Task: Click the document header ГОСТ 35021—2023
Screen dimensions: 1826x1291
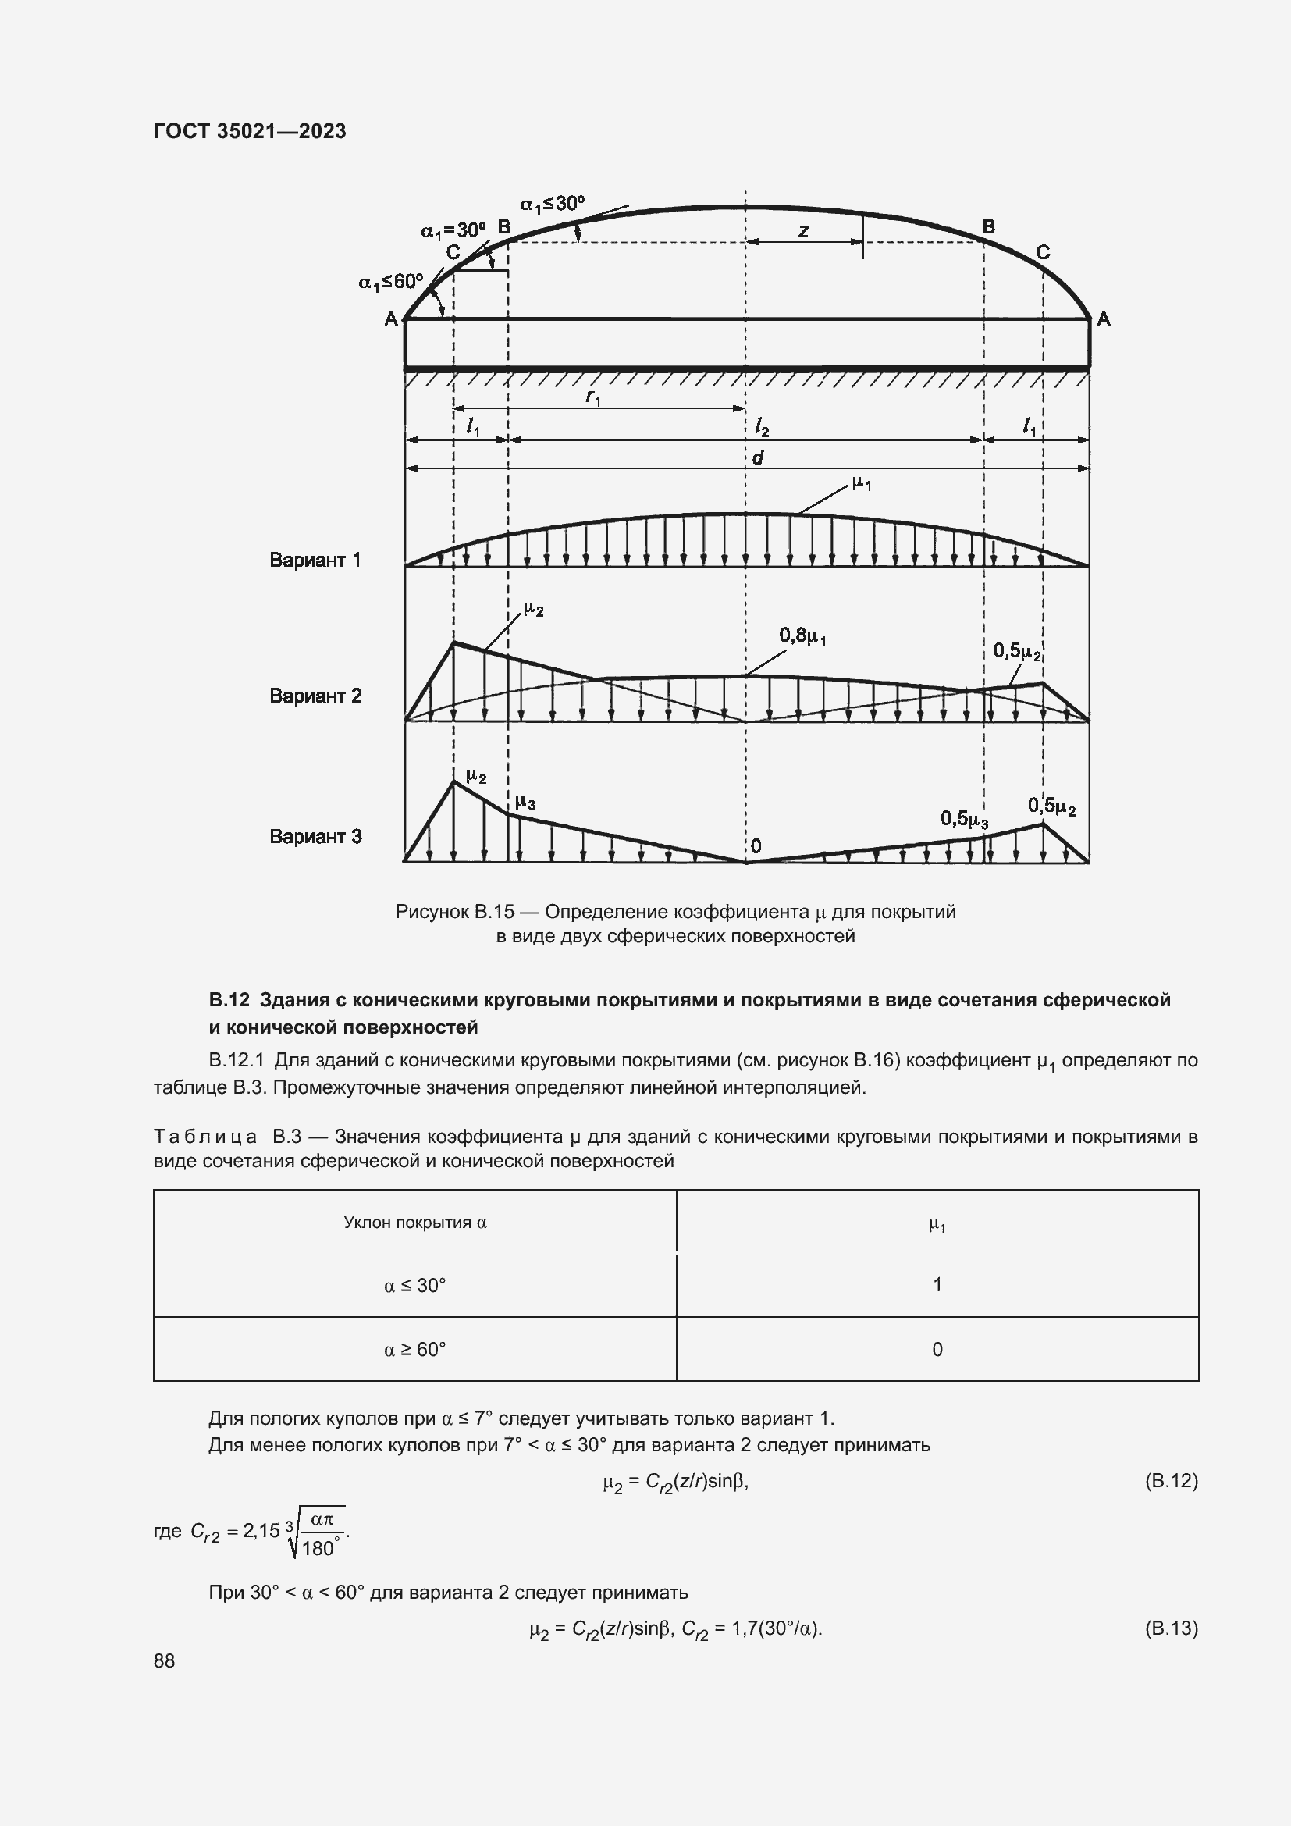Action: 250,131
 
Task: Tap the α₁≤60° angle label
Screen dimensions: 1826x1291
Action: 390,282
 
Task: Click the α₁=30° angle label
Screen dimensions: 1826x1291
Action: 453,230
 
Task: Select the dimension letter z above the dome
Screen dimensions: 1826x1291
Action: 803,231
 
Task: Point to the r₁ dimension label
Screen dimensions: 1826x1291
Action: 593,396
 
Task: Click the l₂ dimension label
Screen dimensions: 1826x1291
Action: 762,429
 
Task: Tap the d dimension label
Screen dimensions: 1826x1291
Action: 758,457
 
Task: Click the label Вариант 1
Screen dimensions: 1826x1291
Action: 315,560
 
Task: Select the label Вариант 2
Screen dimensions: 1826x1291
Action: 315,696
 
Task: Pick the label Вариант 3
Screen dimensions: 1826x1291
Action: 315,837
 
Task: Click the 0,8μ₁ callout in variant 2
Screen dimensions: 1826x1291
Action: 802,635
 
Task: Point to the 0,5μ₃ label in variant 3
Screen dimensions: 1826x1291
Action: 964,818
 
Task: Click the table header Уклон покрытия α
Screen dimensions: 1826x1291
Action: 414,1223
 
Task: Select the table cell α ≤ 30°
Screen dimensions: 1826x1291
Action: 414,1285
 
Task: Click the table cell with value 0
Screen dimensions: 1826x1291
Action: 937,1349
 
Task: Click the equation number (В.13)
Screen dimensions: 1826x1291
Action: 1170,1628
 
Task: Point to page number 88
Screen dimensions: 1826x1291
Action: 165,1660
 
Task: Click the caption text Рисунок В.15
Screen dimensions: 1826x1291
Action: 454,911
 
